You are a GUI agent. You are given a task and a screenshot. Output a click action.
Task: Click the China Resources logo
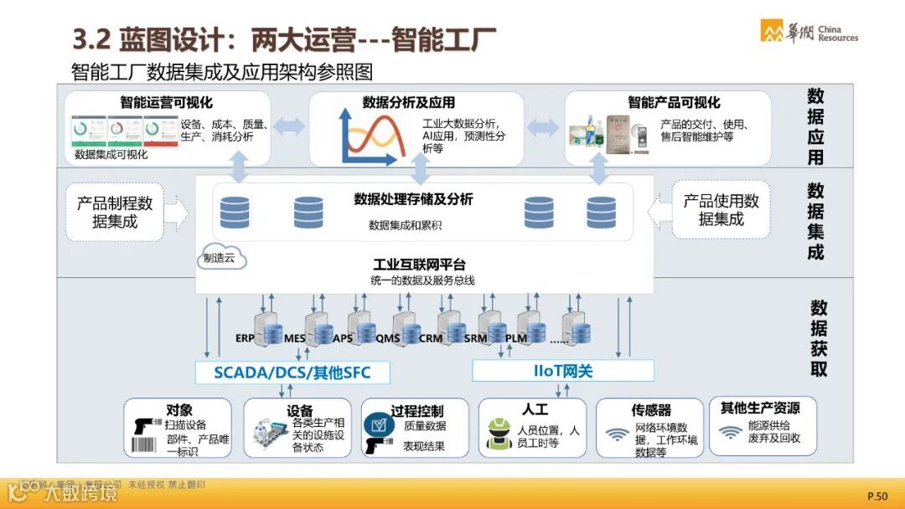coord(809,31)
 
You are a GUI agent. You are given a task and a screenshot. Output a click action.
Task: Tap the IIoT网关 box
coord(562,371)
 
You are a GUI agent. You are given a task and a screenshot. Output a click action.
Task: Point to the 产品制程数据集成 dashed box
coord(115,213)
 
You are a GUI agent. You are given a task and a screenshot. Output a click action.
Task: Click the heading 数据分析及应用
coord(409,103)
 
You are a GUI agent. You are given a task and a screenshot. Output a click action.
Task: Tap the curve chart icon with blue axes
coord(368,136)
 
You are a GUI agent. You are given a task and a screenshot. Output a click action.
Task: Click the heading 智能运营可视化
coord(166,103)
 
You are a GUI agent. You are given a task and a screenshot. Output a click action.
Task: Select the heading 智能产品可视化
coord(674,102)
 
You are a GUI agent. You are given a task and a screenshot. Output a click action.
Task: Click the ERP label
coord(245,338)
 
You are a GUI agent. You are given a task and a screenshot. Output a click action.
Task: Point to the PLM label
coord(516,338)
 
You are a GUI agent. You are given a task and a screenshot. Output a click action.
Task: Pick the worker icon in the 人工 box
coord(500,434)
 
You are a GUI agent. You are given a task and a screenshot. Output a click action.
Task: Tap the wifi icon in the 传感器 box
coord(618,434)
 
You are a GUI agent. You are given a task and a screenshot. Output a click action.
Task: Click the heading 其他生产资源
coord(760,408)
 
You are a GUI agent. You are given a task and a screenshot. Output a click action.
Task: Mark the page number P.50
coord(877,496)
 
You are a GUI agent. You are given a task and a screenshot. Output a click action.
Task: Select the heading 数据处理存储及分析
coord(413,199)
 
